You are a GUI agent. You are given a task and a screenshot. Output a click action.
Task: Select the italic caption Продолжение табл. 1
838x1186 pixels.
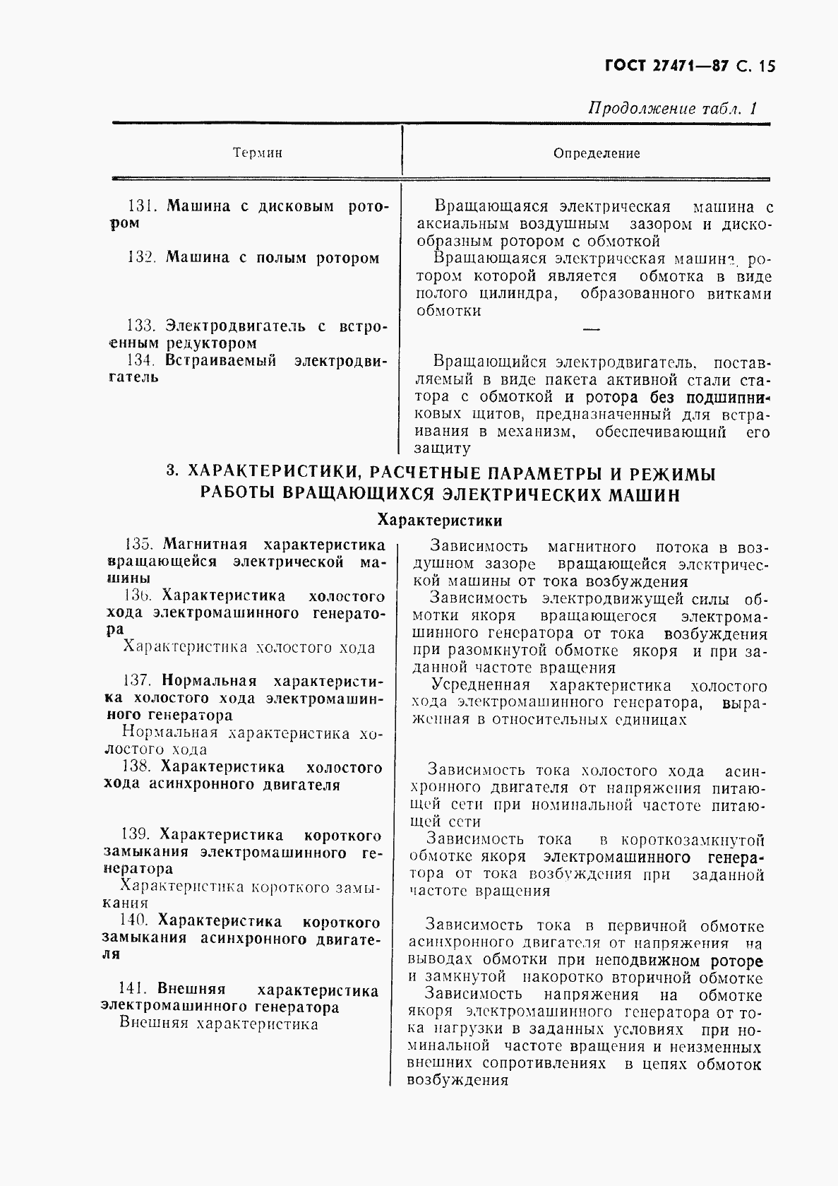pyautogui.click(x=673, y=109)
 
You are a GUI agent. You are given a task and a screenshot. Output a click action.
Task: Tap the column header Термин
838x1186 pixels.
pyautogui.click(x=257, y=153)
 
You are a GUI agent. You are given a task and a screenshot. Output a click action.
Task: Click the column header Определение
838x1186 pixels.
pyautogui.click(x=597, y=153)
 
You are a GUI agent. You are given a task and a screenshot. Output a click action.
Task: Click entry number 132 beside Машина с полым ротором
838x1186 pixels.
pyautogui.click(x=140, y=258)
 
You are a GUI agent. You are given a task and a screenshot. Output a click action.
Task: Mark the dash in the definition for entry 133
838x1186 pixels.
pyautogui.click(x=592, y=328)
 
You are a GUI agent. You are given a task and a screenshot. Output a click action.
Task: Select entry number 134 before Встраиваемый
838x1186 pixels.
pyautogui.click(x=140, y=360)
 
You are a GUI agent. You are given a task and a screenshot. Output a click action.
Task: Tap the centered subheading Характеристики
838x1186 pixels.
pyautogui.click(x=440, y=521)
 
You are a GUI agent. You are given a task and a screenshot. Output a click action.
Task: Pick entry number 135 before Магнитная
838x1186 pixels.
pyautogui.click(x=138, y=545)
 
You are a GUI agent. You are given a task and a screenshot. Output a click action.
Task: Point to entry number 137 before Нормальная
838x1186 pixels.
pyautogui.click(x=137, y=681)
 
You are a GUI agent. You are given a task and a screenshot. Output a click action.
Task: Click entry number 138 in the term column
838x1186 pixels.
pyautogui.click(x=136, y=767)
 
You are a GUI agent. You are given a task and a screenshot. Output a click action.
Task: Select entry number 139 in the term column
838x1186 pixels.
pyautogui.click(x=136, y=836)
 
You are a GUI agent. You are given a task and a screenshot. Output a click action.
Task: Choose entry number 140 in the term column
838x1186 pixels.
pyautogui.click(x=134, y=921)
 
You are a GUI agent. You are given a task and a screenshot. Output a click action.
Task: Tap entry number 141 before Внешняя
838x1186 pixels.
pyautogui.click(x=133, y=990)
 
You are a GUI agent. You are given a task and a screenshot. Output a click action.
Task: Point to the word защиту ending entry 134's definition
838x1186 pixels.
pyautogui.click(x=442, y=449)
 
